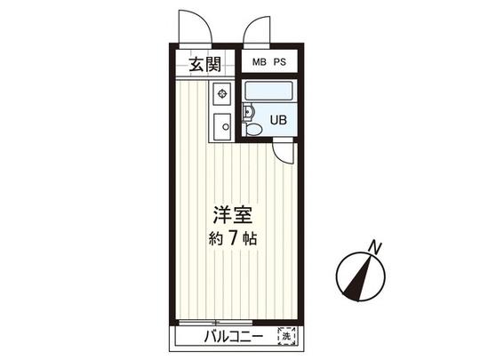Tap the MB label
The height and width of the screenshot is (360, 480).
(x=259, y=62)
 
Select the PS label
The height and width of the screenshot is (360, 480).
(x=280, y=62)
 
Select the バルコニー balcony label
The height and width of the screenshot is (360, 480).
(x=232, y=338)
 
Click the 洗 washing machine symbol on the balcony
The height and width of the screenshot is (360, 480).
(x=286, y=336)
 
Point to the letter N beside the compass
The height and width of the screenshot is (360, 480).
(x=376, y=248)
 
